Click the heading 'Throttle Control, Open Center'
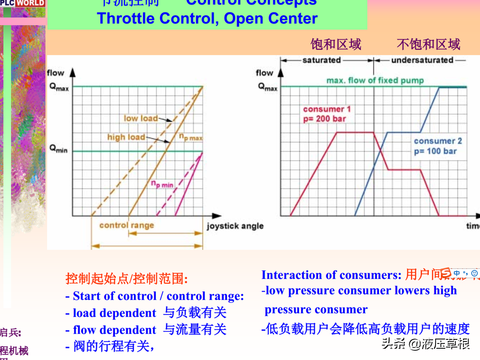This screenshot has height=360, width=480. tap(207, 19)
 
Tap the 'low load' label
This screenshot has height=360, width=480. tap(140, 118)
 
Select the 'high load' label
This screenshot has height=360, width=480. tap(126, 137)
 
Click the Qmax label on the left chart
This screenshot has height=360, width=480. tap(59, 87)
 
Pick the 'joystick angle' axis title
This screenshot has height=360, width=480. tap(235, 226)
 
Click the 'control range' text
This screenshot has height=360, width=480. tap(127, 225)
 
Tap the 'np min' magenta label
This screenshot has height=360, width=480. tap(162, 184)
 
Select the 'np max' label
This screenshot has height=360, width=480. tap(190, 137)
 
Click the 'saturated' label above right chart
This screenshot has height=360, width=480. tap(321, 60)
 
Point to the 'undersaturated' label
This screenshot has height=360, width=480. tap(422, 60)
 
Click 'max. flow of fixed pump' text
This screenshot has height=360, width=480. tap(375, 80)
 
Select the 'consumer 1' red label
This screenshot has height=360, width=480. tap(327, 109)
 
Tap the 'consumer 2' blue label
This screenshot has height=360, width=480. tap(438, 141)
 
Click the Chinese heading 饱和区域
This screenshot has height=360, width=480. tap(336, 44)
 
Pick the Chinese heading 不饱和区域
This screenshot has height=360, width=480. tap(428, 44)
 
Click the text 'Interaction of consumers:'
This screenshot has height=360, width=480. tap(331, 275)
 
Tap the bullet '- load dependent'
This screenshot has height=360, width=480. tap(110, 313)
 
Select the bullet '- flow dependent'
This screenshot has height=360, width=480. tap(110, 330)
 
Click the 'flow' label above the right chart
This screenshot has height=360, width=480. tap(264, 73)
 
